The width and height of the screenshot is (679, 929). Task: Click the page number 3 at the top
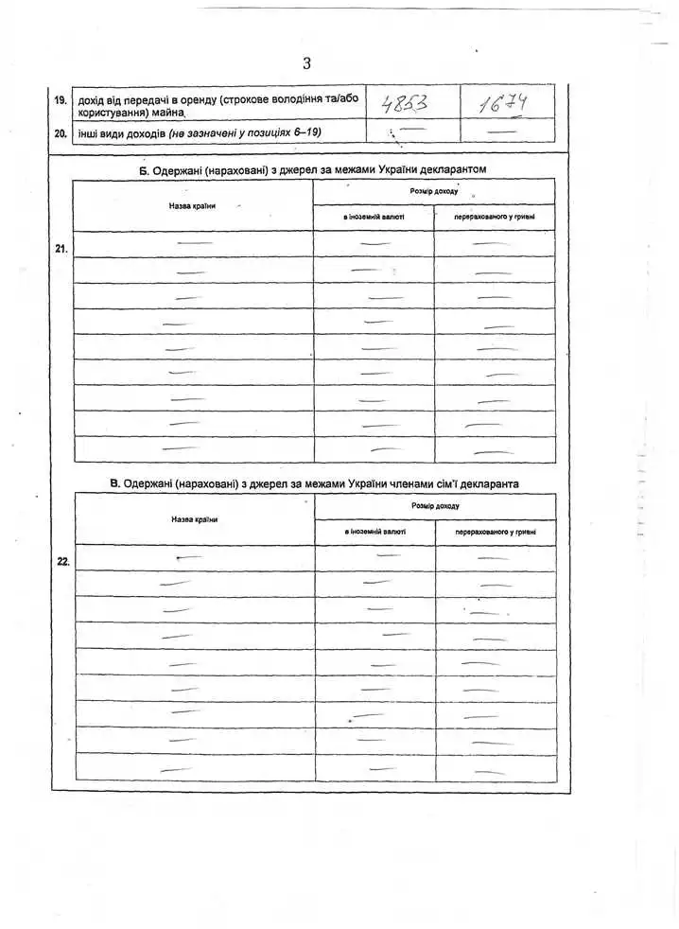coord(306,63)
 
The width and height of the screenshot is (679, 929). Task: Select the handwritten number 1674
coord(502,102)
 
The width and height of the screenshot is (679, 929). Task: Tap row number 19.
coord(61,99)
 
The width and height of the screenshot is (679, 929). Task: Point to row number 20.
coord(61,133)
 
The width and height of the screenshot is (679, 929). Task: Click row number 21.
coord(61,249)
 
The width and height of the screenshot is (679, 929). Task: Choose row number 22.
coord(62,561)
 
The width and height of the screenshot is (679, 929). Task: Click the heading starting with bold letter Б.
coord(314,169)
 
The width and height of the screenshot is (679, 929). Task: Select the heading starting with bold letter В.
coord(314,483)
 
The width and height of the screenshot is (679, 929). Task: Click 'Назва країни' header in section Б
coord(191,205)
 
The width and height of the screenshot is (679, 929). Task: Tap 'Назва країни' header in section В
coord(194,519)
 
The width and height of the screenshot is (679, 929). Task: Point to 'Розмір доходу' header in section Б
coord(434,191)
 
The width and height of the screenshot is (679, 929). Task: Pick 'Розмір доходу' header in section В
coord(436,506)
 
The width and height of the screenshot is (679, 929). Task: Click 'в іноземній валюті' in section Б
coord(374,218)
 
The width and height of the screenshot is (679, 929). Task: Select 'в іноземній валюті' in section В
coord(375,532)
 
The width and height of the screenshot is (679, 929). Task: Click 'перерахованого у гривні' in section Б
coord(495,218)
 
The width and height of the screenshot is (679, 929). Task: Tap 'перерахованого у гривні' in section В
coord(496,532)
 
